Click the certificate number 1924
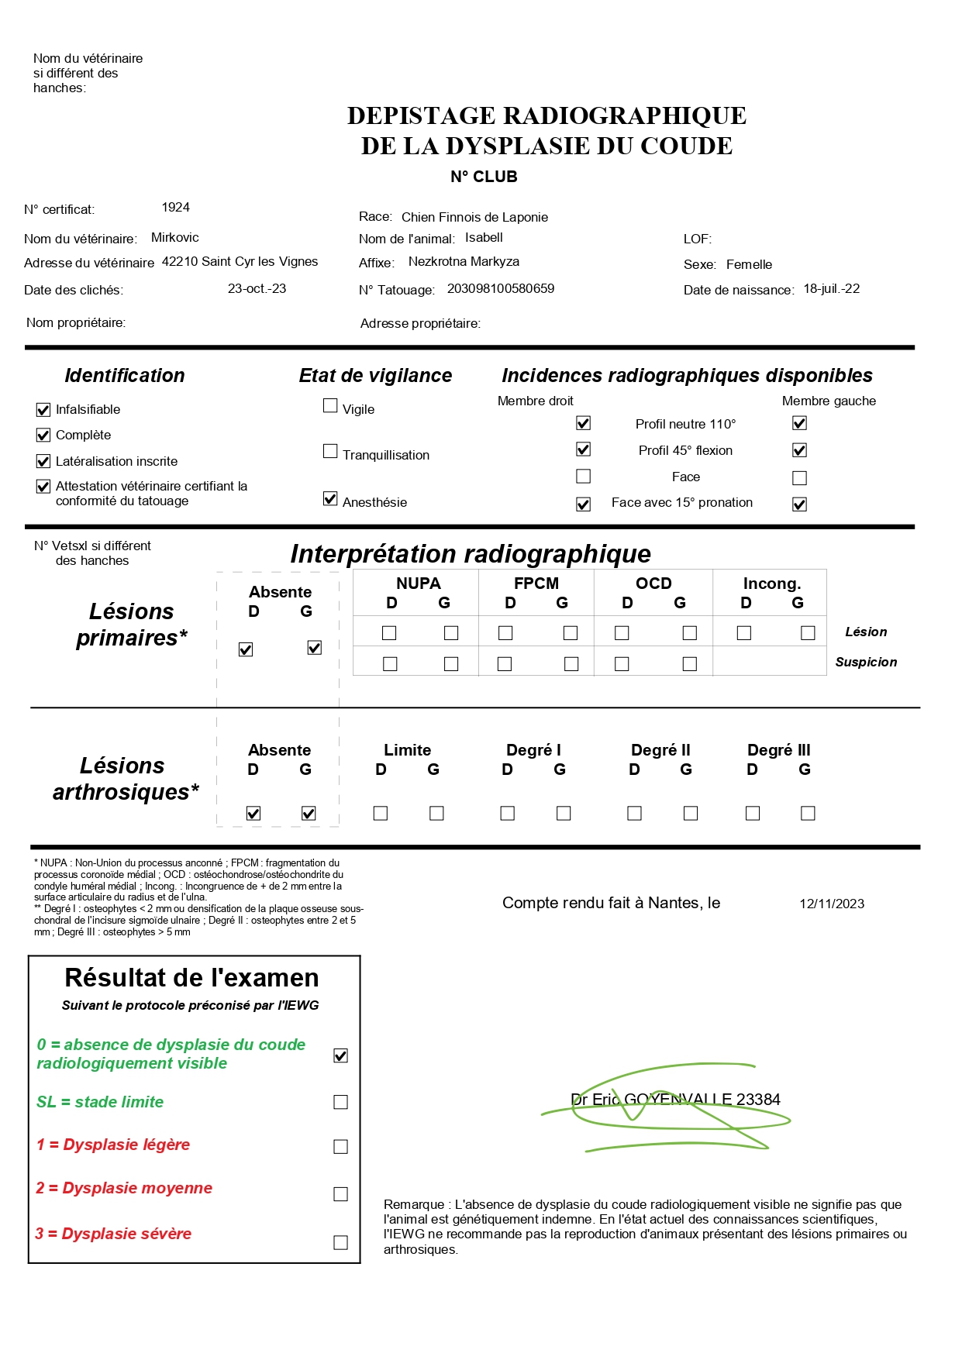[x=176, y=207]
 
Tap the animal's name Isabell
[x=484, y=237]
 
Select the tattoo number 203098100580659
[x=500, y=288]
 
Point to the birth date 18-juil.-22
[x=831, y=288]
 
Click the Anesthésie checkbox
[x=330, y=498]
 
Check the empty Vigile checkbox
[x=330, y=405]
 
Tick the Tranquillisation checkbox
[x=330, y=451]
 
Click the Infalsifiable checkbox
[x=43, y=409]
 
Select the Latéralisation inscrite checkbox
[x=43, y=461]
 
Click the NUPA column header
[x=418, y=584]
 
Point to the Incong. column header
[x=771, y=584]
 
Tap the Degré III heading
[x=778, y=750]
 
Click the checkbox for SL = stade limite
[x=340, y=1102]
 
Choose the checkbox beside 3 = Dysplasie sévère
[x=340, y=1242]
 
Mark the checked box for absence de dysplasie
[x=340, y=1055]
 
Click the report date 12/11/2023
[x=832, y=904]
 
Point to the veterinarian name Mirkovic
[x=174, y=237]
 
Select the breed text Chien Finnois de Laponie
[x=474, y=217]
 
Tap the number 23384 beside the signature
[x=758, y=1100]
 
